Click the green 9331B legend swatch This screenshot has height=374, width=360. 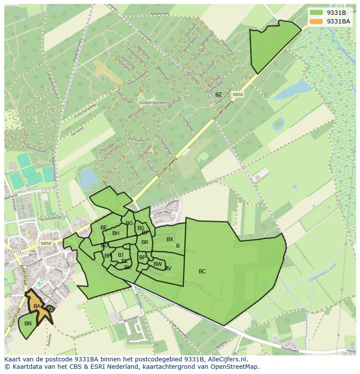coord(317,13)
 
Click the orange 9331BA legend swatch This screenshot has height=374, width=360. coord(317,21)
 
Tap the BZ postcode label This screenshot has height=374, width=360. coord(219,95)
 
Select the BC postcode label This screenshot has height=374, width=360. coord(202,271)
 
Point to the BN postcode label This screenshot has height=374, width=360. coord(28,324)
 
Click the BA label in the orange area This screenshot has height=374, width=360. coord(37,306)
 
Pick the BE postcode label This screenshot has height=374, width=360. coord(103,228)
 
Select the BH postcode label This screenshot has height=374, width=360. coord(116,233)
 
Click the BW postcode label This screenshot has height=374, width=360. coord(157,264)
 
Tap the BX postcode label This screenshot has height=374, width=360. coord(170,239)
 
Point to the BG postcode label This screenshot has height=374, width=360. coord(129,223)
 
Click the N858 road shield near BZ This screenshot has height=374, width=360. coord(237,94)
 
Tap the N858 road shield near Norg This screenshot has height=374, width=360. coord(45,244)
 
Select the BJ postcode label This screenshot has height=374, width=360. coord(120,255)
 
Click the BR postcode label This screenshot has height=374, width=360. coord(145,242)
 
